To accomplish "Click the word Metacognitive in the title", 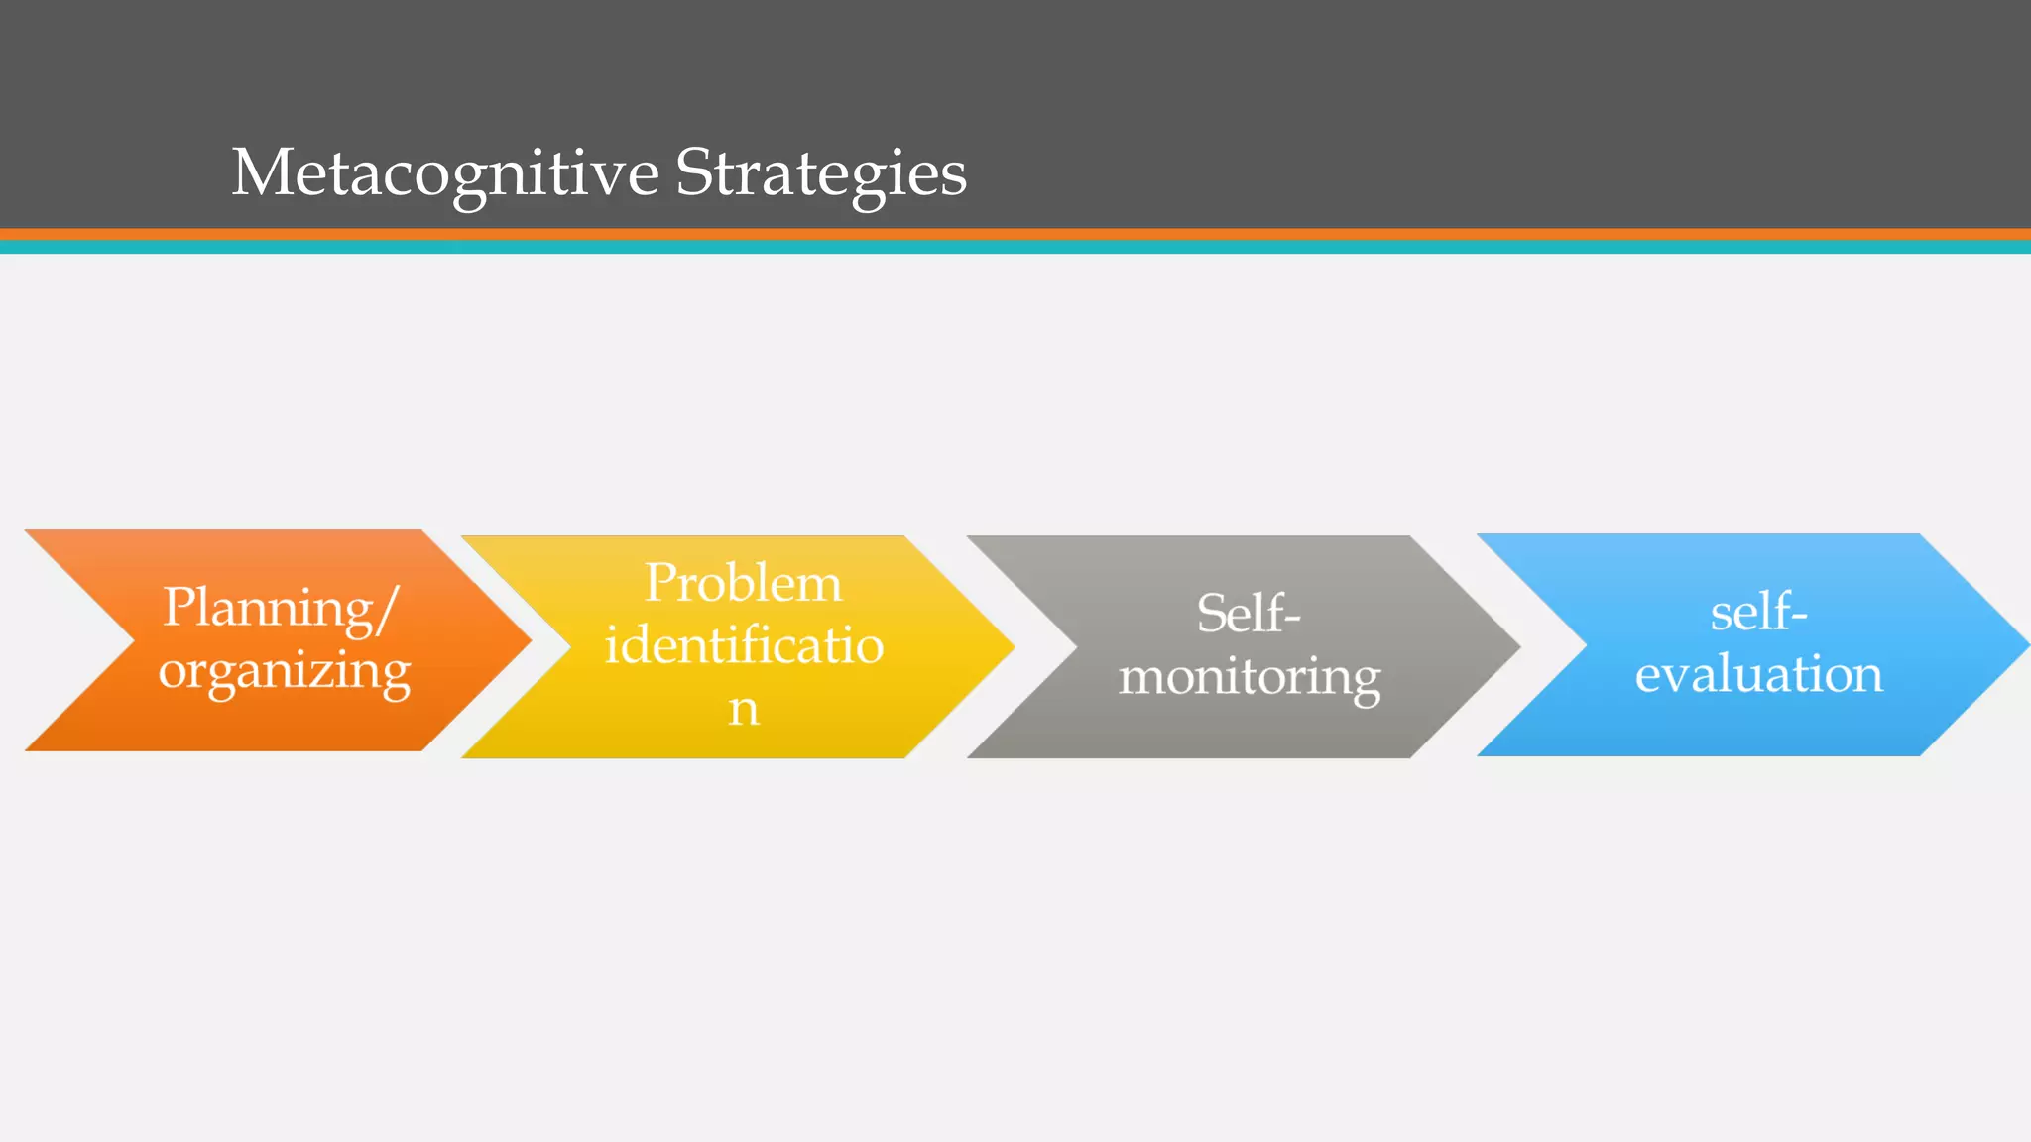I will pos(445,173).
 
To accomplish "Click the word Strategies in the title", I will pos(820,173).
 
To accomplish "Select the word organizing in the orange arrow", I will pos(285,672).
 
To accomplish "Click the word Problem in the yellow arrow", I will pos(743,583).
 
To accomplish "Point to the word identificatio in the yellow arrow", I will pos(744,645).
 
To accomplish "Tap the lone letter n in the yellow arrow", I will pos(744,709).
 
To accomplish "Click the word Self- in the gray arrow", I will pos(1249,614).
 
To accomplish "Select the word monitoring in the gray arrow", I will pos(1250,677).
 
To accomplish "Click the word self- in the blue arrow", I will pos(1758,612).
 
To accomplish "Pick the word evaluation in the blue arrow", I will pos(1758,674).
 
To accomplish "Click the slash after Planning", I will pos(388,610).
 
